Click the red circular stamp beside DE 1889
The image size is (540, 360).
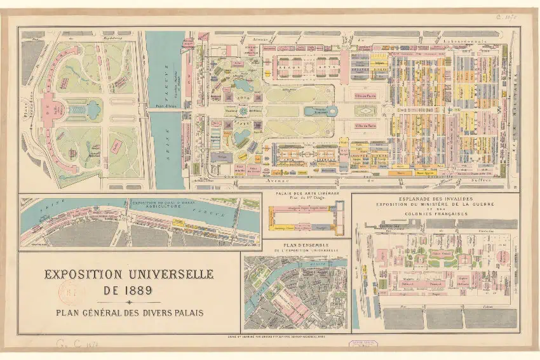[x=71, y=292]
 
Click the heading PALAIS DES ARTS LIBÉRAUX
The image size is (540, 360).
[x=307, y=193]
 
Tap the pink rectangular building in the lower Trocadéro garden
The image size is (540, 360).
[x=116, y=145]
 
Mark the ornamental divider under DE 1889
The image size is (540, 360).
[x=129, y=302]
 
